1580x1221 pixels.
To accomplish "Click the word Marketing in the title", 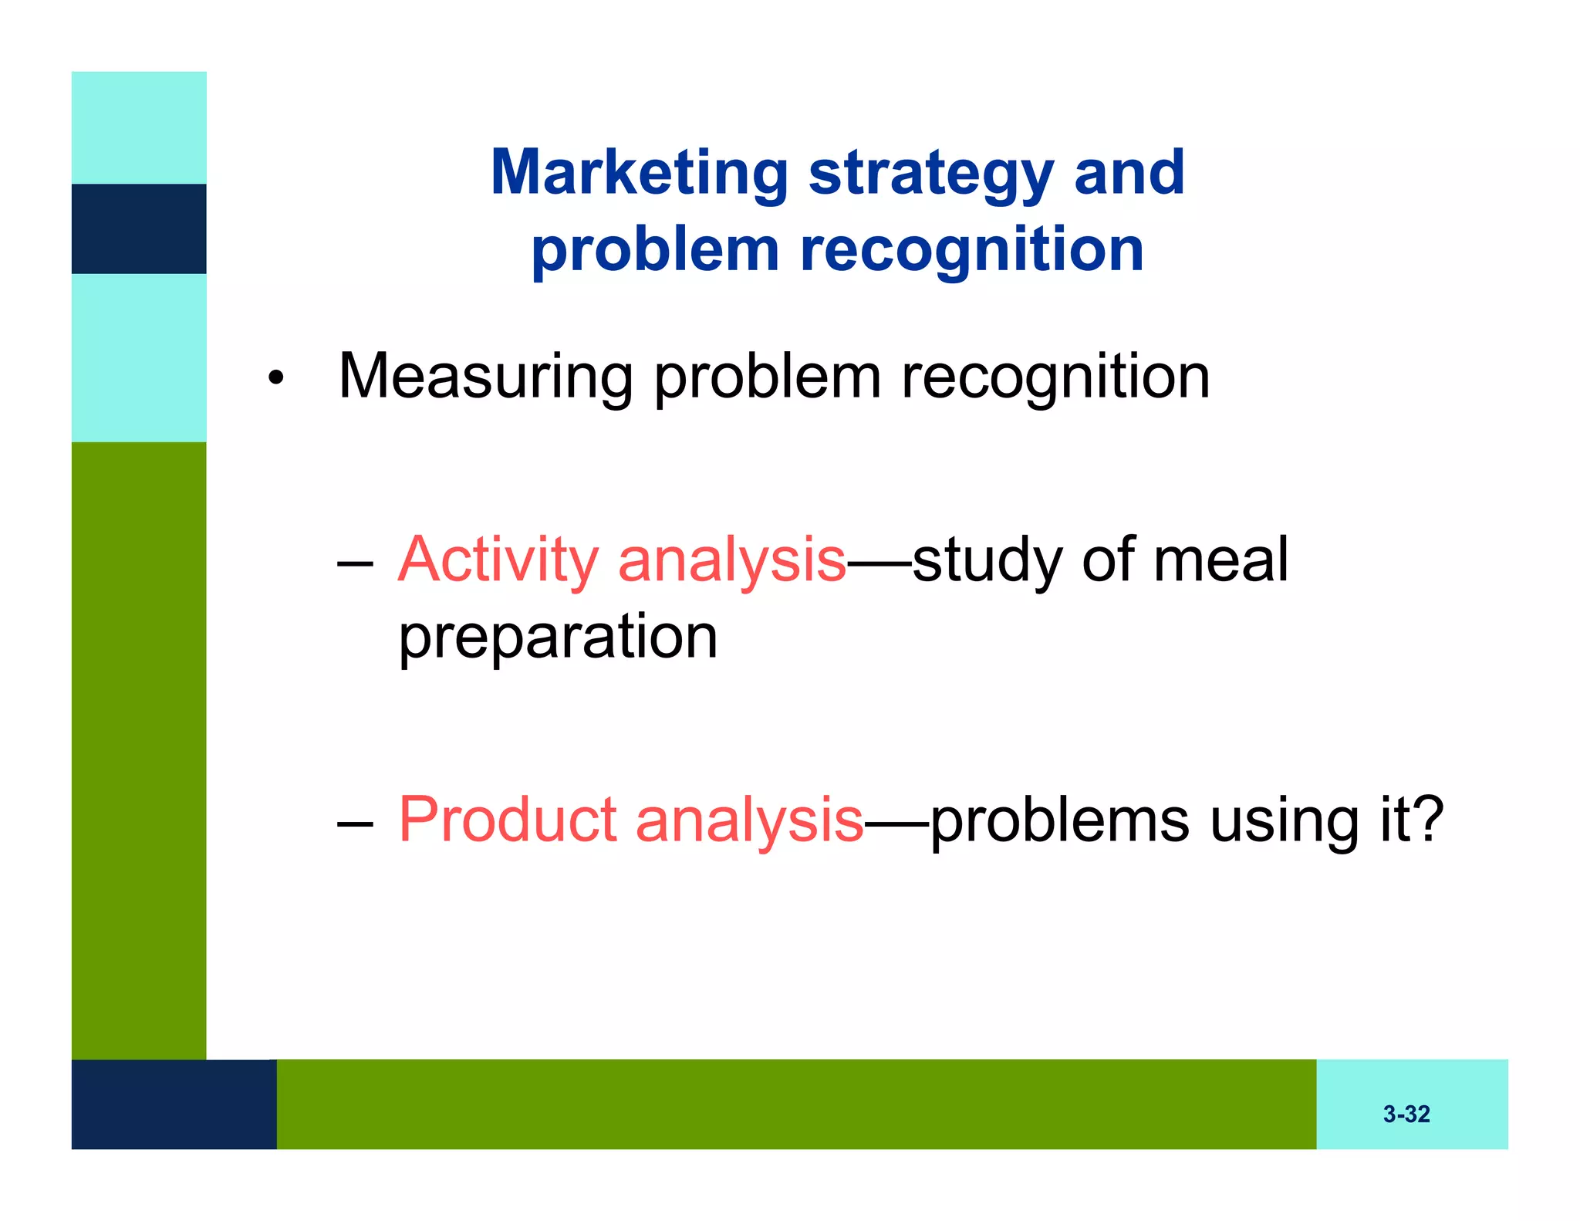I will click(640, 173).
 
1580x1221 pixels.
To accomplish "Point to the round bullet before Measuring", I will click(275, 379).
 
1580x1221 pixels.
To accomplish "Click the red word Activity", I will click(498, 560).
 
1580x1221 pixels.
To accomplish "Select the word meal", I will click(1220, 560).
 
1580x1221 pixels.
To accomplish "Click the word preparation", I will click(558, 638).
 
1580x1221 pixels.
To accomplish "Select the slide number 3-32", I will click(1406, 1114).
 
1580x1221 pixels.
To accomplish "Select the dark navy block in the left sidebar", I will click(139, 228).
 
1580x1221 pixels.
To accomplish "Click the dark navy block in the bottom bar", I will click(174, 1104).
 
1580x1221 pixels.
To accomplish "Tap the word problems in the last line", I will click(1059, 821).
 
